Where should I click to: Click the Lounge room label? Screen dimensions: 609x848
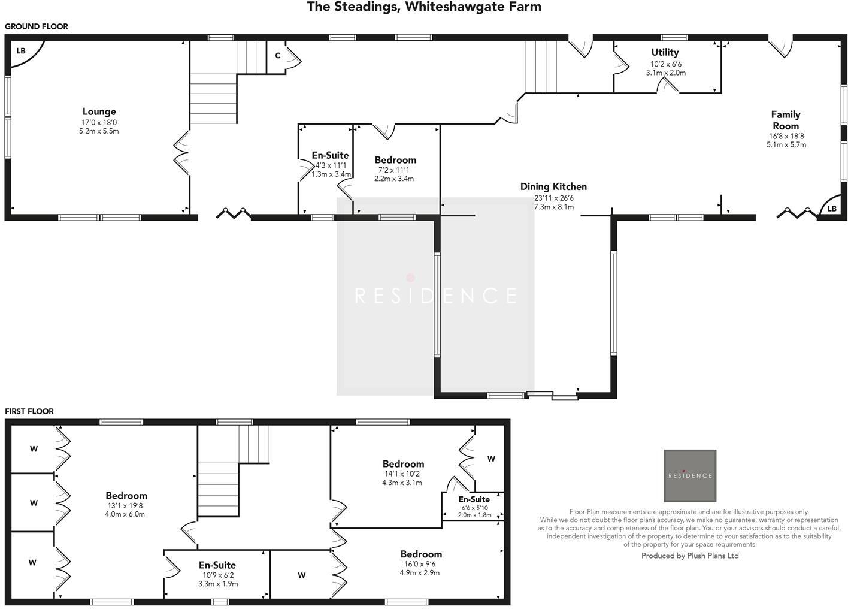click(99, 111)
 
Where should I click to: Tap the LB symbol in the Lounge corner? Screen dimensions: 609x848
click(21, 51)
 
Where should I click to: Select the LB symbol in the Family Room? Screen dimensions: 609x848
click(832, 209)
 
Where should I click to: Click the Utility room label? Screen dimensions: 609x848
click(665, 52)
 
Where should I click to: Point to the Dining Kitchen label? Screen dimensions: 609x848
click(553, 186)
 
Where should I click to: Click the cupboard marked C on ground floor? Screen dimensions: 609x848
click(277, 56)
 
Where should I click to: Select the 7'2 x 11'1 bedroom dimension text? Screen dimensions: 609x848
click(393, 170)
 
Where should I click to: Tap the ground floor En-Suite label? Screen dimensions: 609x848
click(330, 155)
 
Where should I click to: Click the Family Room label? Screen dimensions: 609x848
click(785, 120)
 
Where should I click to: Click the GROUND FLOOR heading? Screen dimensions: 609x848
click(37, 26)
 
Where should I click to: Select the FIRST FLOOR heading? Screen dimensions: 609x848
click(29, 411)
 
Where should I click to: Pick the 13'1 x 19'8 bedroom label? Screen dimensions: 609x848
click(126, 495)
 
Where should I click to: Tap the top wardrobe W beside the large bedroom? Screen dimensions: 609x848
click(34, 449)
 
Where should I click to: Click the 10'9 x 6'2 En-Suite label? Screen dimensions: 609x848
click(217, 565)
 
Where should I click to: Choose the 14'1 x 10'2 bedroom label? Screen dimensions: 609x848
click(403, 463)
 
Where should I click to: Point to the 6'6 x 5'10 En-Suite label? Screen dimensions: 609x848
click(474, 499)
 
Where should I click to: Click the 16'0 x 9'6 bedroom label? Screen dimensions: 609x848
click(421, 554)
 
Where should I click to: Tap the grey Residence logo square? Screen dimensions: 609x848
click(690, 475)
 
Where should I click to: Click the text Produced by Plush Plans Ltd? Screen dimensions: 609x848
click(690, 556)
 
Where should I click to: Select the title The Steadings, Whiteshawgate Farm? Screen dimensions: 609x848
click(424, 7)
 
